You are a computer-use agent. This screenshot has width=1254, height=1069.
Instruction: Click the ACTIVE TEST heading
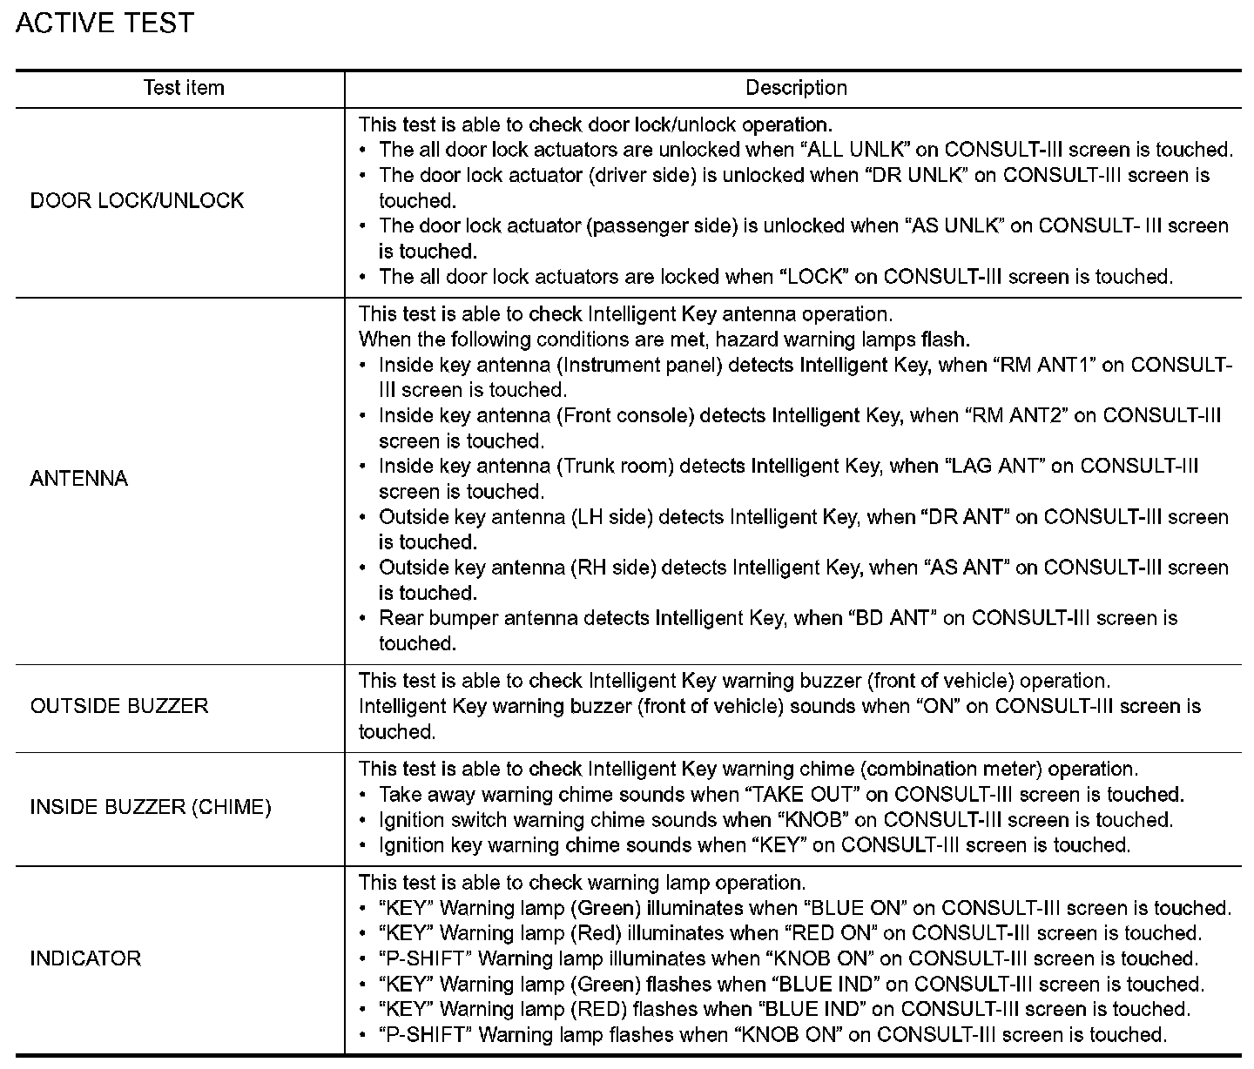104,24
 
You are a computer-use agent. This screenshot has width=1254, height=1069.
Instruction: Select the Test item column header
184,88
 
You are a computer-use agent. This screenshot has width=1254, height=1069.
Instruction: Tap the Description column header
796,88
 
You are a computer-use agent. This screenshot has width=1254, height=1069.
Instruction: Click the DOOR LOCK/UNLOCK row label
137,201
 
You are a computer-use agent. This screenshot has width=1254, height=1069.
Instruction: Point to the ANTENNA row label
79,479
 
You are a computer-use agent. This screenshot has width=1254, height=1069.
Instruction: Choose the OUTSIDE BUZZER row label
119,706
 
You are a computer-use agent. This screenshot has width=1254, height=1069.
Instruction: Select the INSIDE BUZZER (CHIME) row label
151,808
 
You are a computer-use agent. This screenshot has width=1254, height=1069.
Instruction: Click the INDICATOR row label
85,958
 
